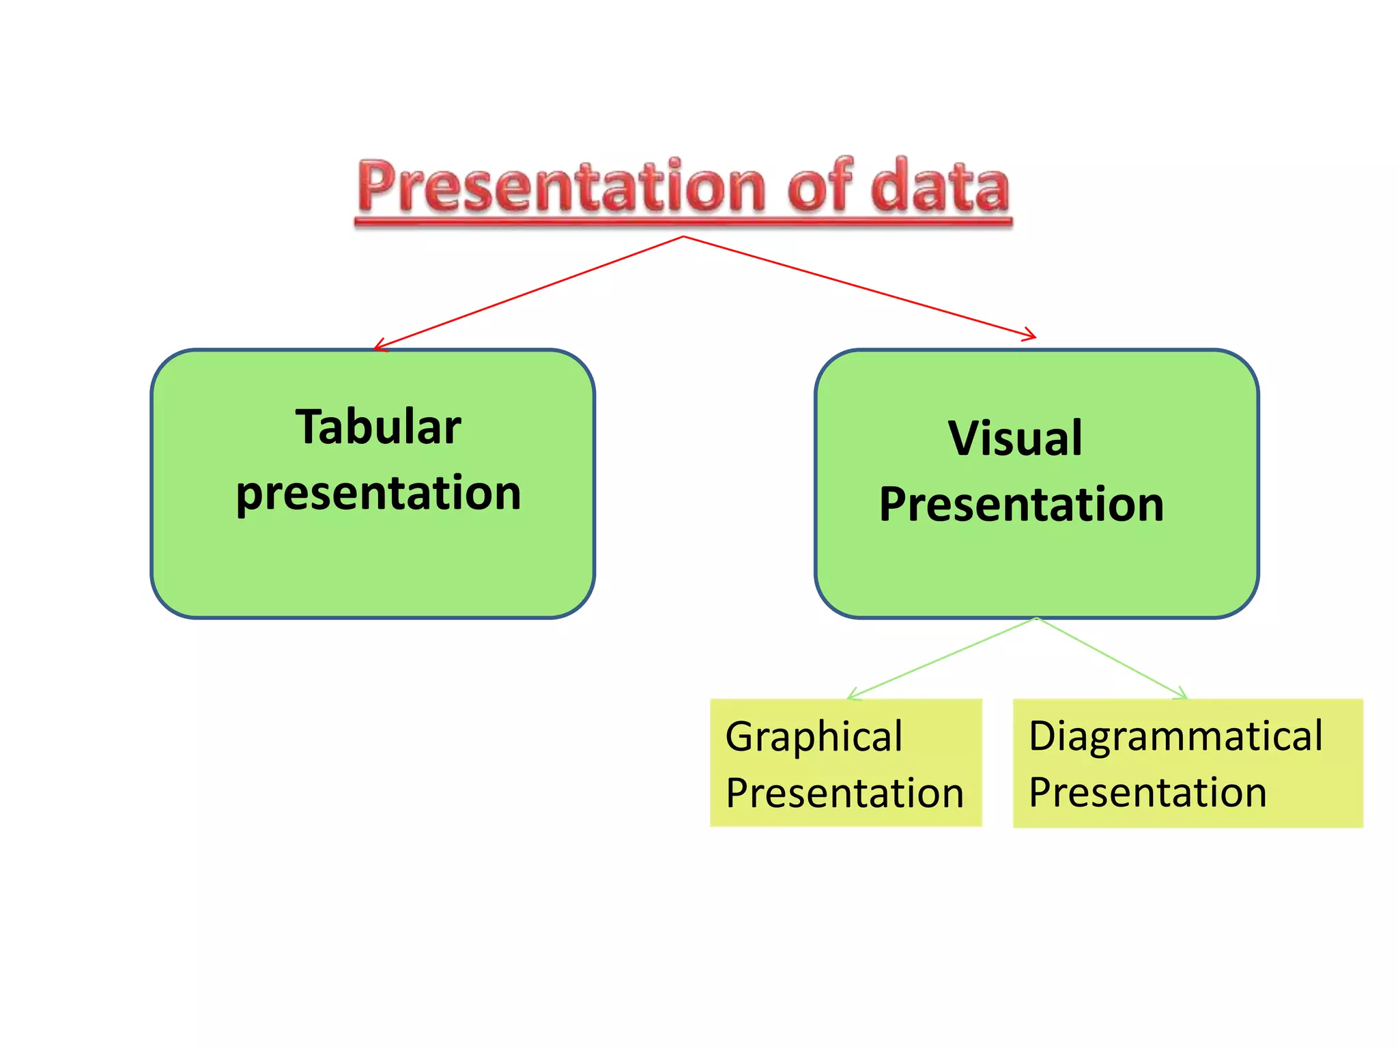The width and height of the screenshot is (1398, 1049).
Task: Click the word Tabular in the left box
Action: (378, 427)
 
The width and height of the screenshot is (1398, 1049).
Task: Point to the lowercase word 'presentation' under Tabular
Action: (378, 493)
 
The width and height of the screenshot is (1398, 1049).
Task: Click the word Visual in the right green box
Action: (1015, 438)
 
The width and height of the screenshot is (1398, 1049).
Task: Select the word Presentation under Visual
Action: (1021, 504)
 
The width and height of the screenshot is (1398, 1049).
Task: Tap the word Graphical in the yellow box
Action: (814, 737)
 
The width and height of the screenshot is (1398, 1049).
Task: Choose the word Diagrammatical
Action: (1175, 736)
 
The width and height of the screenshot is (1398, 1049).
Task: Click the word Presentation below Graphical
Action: (844, 793)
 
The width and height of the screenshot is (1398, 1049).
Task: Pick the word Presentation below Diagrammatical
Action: (1147, 793)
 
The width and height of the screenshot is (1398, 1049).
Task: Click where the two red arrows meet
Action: (683, 237)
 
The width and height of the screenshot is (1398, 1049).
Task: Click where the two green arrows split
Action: (1037, 618)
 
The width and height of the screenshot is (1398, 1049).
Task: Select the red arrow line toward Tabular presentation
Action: (529, 292)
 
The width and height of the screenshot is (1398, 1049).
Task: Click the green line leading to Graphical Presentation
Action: (942, 658)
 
